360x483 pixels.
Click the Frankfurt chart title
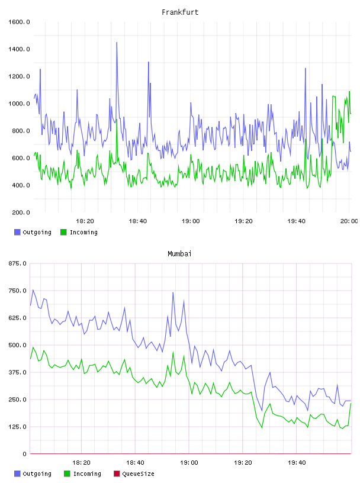(180, 12)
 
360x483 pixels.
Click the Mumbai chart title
(179, 254)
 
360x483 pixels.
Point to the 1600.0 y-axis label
(19, 22)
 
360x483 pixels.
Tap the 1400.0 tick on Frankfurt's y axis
(19, 49)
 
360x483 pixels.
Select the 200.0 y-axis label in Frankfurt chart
(21, 212)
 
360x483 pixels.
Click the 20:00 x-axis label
(349, 221)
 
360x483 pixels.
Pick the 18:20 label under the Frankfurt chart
(85, 221)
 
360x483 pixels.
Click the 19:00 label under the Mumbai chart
(189, 463)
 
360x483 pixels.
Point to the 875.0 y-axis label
(18, 263)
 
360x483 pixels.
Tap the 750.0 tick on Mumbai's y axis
(18, 291)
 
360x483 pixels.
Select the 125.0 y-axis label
(18, 427)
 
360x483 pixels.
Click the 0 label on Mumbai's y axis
(25, 454)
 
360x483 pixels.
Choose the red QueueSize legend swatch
(117, 474)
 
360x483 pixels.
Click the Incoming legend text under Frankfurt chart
(83, 232)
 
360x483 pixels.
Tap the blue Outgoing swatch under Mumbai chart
(17, 474)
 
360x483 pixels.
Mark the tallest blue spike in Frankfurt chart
(117, 43)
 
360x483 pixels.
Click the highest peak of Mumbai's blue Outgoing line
(173, 292)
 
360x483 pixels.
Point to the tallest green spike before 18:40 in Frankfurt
(117, 120)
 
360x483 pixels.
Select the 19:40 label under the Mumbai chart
(297, 463)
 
